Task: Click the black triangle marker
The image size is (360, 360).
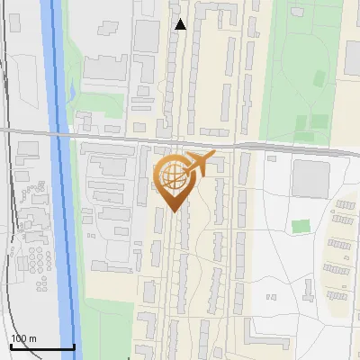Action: (x=180, y=24)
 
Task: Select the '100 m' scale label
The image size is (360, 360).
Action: (x=23, y=338)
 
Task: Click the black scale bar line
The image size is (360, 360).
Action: (x=41, y=346)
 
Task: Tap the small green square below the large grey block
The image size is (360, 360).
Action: (x=301, y=226)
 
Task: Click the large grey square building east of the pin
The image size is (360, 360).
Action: (x=310, y=179)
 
